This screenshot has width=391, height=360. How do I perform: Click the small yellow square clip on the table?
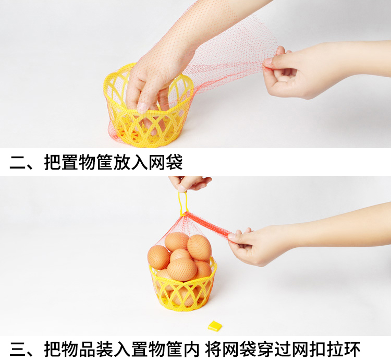(x=214, y=326)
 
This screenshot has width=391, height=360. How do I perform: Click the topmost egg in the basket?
(x=176, y=241)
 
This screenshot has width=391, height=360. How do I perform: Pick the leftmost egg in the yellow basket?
(x=158, y=257)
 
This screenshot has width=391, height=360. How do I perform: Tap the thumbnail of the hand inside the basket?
(x=142, y=108)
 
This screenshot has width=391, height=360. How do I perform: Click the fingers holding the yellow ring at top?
(x=190, y=183)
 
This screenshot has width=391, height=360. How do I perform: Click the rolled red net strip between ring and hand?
(x=209, y=224)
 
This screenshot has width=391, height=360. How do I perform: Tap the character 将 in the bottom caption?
(x=213, y=349)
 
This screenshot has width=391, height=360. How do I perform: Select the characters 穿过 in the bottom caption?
(x=274, y=349)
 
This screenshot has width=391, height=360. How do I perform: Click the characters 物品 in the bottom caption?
(x=79, y=349)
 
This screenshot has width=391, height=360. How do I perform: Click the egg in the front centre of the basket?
(x=182, y=269)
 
